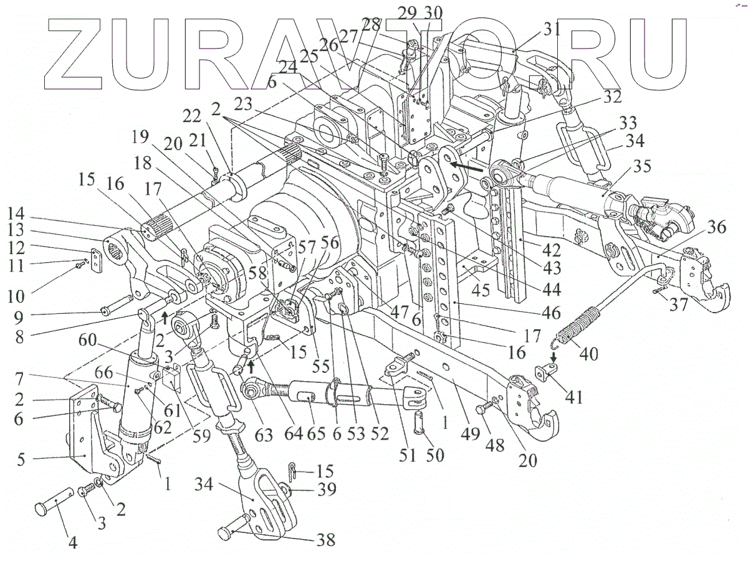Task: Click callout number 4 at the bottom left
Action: tap(72, 541)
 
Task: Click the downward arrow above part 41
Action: tap(553, 357)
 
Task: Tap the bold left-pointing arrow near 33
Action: tap(468, 167)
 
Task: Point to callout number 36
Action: tap(716, 228)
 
